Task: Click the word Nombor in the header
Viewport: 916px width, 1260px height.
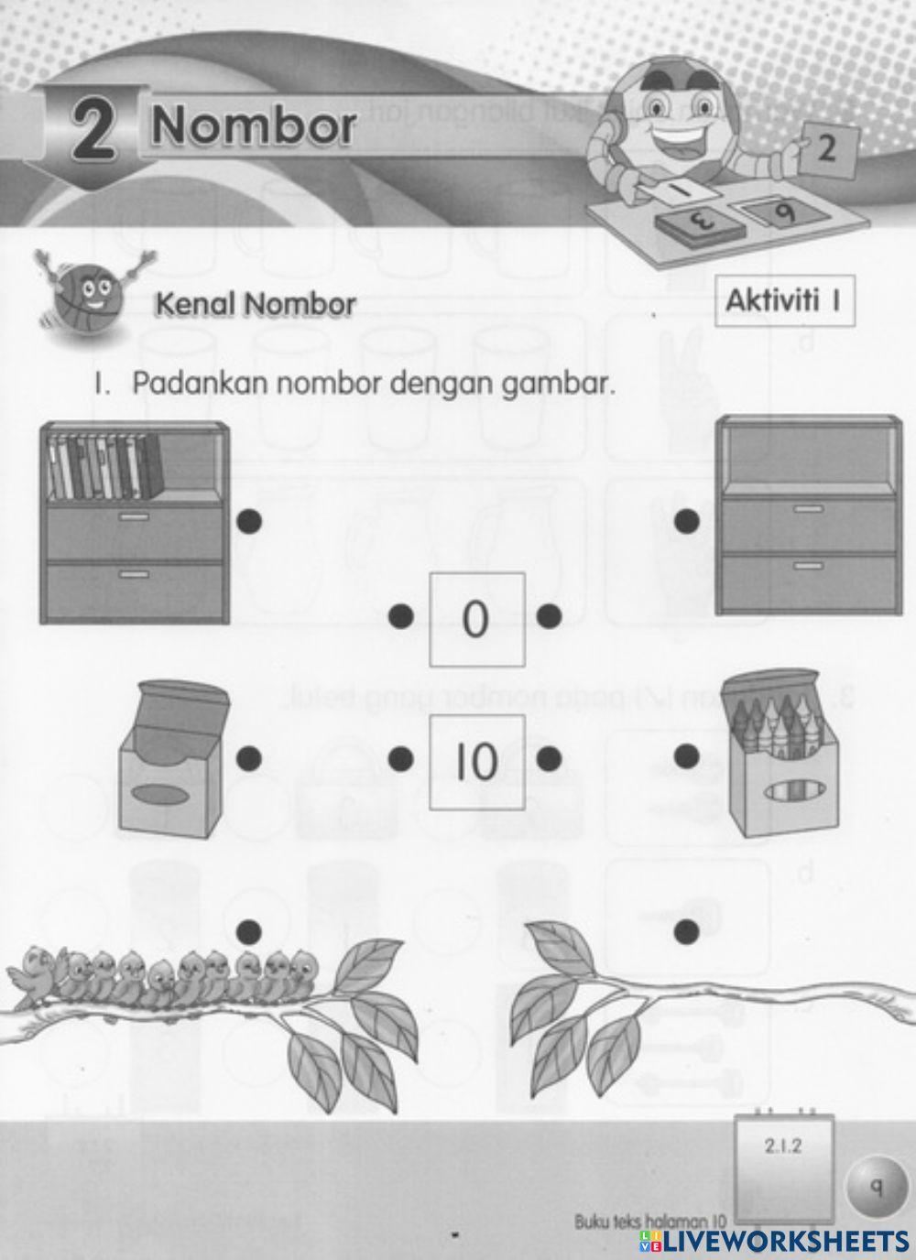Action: point(254,126)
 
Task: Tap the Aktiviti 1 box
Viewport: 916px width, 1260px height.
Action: point(784,300)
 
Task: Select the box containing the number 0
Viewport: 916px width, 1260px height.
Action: point(476,620)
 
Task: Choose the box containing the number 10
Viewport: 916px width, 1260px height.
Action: point(476,762)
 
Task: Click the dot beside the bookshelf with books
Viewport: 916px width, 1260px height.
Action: point(249,521)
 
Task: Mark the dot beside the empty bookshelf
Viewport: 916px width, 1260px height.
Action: point(687,522)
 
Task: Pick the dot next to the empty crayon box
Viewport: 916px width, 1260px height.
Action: point(249,757)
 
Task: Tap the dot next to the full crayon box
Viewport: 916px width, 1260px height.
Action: point(687,756)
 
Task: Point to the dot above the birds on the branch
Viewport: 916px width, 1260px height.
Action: point(249,932)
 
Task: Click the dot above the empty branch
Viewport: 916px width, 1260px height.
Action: point(687,932)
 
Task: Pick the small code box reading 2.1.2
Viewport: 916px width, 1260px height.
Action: point(783,1146)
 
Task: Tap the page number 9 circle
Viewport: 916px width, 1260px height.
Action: point(876,1189)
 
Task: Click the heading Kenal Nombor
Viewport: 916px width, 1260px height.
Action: point(256,304)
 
